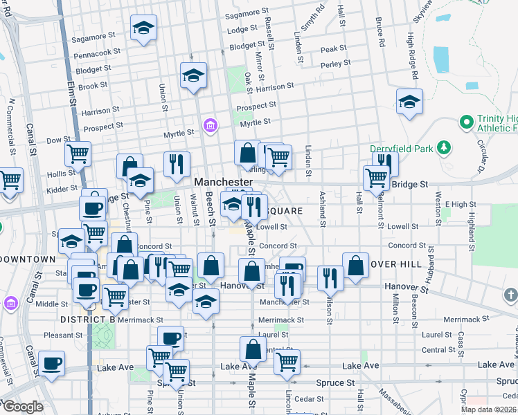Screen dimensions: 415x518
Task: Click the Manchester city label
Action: click(x=223, y=181)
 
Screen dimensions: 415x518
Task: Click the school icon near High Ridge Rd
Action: click(x=409, y=102)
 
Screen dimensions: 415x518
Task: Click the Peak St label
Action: click(x=333, y=49)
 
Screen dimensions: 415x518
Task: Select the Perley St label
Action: click(x=336, y=64)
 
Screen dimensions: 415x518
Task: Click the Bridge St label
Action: click(x=411, y=185)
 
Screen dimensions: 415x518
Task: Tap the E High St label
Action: click(x=462, y=204)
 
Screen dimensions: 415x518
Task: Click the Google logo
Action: click(x=22, y=406)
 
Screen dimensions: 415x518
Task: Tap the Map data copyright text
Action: click(x=489, y=409)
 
